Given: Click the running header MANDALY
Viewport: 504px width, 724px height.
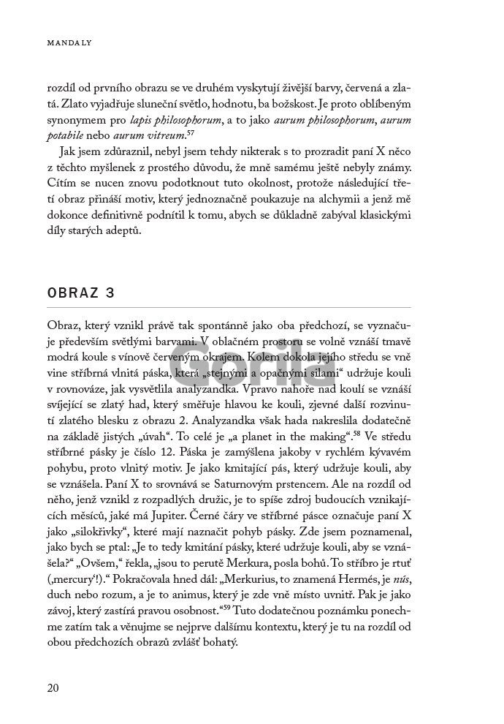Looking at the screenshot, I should [x=64, y=43].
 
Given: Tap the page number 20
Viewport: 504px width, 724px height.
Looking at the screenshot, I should [x=53, y=687].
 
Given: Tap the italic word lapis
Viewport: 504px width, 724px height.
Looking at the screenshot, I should [x=140, y=120].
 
